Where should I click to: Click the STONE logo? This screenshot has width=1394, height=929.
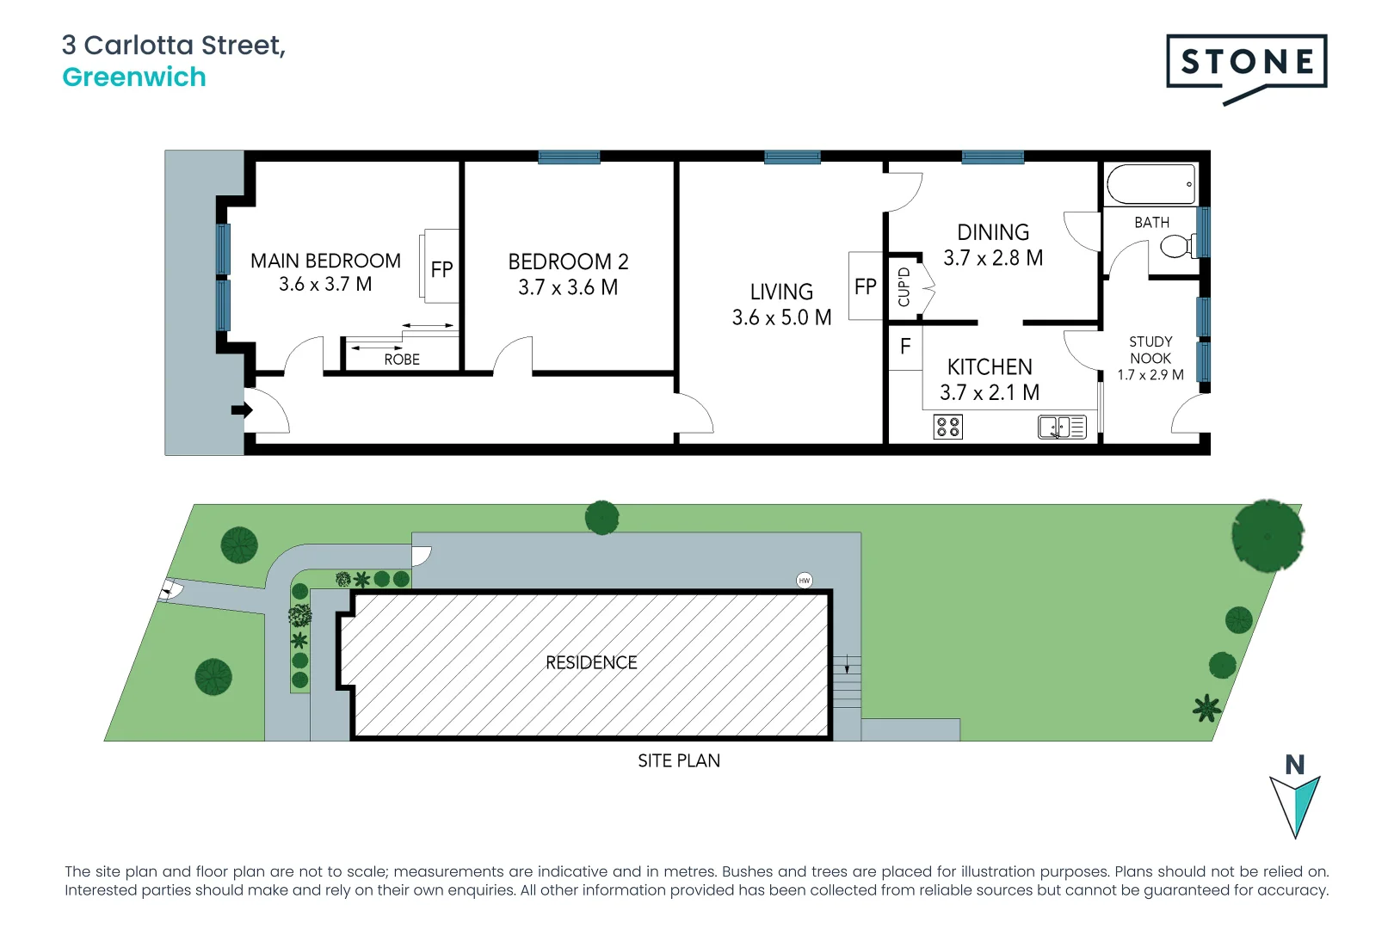1246,63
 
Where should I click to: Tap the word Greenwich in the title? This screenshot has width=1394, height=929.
134,77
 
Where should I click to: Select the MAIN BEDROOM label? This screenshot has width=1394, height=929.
325,261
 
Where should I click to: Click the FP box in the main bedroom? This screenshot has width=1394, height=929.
441,268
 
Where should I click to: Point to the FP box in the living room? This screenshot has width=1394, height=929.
866,286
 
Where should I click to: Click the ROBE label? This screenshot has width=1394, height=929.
402,360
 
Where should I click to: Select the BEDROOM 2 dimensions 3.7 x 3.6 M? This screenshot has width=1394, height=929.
568,287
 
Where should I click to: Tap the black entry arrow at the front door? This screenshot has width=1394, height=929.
242,410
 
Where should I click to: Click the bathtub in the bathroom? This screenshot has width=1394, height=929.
1150,184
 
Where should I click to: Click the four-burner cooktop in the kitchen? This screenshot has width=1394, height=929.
948,427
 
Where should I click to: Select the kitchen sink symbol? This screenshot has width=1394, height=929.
1062,427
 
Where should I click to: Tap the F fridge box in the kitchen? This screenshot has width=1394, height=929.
905,347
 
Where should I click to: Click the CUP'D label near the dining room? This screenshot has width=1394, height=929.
904,287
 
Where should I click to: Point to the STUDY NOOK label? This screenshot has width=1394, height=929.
1150,350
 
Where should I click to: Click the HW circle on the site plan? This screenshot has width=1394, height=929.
805,581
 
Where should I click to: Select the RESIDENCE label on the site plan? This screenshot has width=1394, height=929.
591,662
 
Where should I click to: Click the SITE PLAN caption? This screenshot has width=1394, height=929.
679,761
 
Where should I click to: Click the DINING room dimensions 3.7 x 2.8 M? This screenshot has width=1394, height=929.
993,258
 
